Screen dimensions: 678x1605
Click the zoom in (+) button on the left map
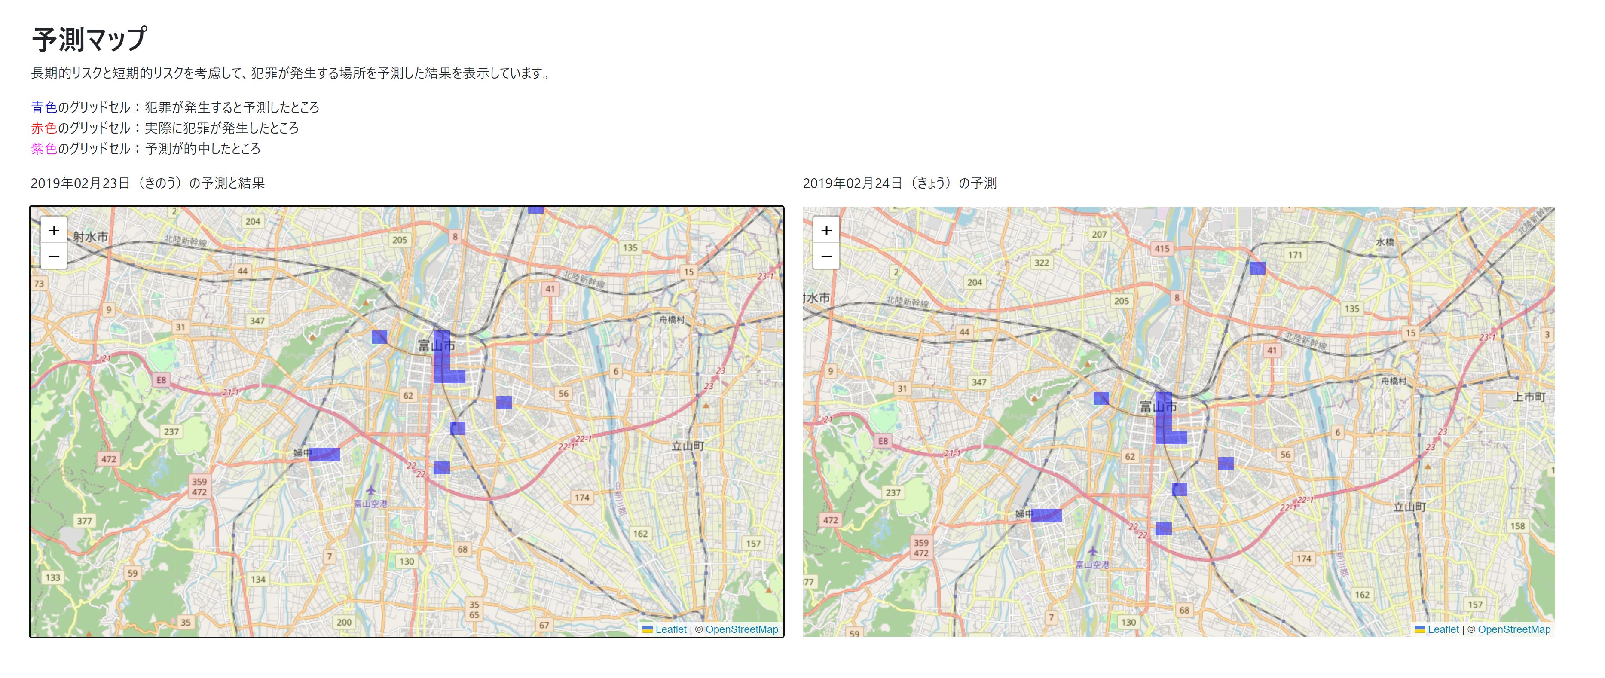(x=54, y=231)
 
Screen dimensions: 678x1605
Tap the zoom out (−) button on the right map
(x=826, y=256)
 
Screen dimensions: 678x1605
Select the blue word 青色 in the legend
(x=43, y=107)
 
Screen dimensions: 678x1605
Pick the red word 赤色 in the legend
(x=43, y=128)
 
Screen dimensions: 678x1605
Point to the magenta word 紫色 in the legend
(x=43, y=148)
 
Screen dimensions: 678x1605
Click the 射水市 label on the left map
(x=90, y=237)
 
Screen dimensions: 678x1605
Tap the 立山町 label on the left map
(x=687, y=446)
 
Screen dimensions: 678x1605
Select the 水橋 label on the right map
(x=1385, y=242)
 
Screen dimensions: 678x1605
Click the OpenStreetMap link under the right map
(x=1513, y=629)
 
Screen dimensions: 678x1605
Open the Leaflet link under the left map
(x=670, y=629)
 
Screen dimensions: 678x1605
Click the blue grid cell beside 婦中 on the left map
(x=324, y=454)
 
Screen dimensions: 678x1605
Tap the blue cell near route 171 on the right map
(x=1257, y=268)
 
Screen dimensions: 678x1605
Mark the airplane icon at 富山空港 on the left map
(x=371, y=490)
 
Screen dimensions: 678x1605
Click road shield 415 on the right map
(x=1162, y=248)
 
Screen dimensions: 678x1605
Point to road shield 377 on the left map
(x=84, y=521)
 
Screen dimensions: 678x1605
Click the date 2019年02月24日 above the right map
(x=852, y=183)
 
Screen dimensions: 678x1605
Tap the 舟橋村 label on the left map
(x=672, y=319)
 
